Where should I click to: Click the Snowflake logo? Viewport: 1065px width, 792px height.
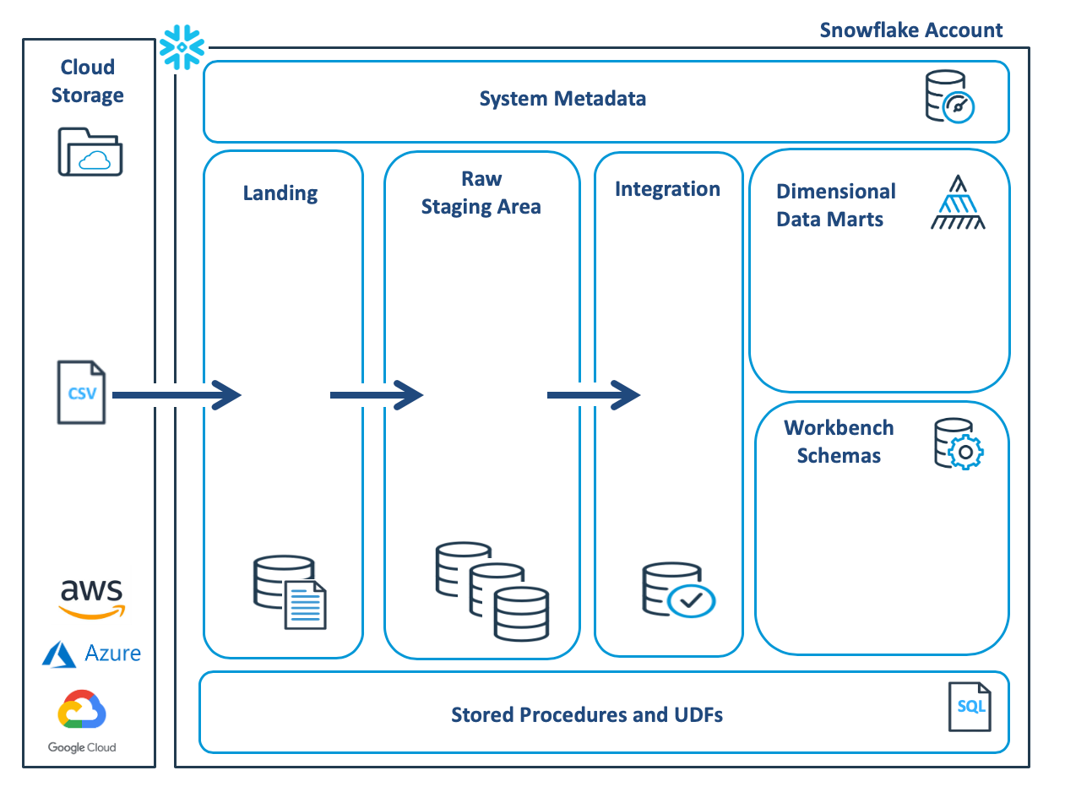tap(183, 46)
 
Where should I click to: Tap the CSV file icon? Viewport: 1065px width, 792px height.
tap(82, 393)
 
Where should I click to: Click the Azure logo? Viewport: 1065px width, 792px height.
tap(91, 654)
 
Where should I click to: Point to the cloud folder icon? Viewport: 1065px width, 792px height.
tap(90, 152)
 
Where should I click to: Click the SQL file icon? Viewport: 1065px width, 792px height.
tap(969, 708)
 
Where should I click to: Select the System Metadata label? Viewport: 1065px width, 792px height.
tap(562, 99)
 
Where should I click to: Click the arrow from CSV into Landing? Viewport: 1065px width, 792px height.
tap(177, 393)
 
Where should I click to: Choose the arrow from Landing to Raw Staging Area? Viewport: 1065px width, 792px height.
tap(376, 394)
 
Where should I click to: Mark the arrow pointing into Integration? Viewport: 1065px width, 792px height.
tap(594, 394)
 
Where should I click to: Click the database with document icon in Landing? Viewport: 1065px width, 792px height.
tap(290, 592)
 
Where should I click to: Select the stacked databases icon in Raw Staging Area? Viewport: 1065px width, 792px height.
tap(492, 592)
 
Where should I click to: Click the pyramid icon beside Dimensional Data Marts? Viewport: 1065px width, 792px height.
tap(958, 203)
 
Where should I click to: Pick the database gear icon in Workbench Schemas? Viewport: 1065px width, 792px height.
tap(959, 443)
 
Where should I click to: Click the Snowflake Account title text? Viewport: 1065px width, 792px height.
tap(911, 30)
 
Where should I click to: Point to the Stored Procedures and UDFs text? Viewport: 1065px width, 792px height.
tap(587, 715)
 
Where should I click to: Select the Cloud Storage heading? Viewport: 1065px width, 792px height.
tap(88, 81)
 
